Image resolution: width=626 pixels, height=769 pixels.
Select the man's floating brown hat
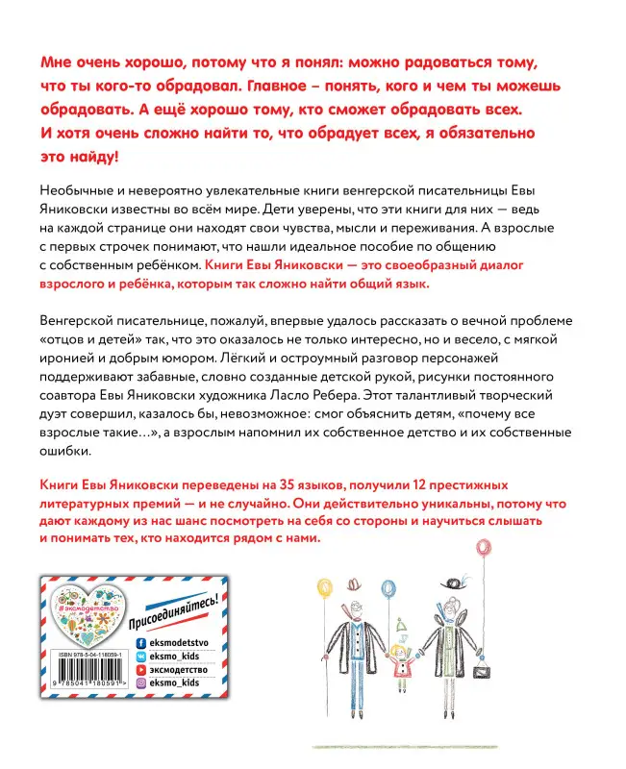[358, 583]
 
